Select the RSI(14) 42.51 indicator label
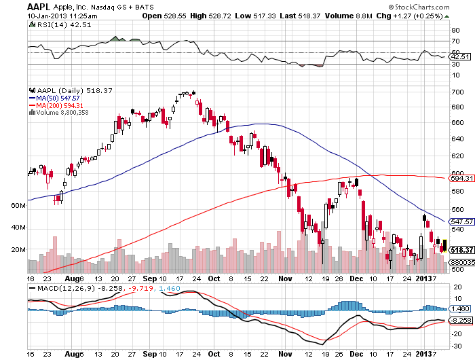click(x=53, y=24)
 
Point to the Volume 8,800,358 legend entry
click(x=62, y=113)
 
